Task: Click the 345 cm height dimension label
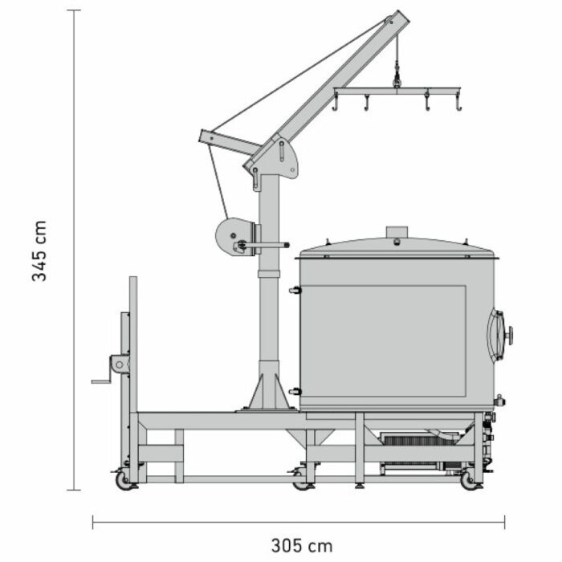(39, 250)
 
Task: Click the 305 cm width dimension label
(302, 546)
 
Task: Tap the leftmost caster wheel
(124, 480)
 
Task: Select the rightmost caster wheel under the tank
(469, 481)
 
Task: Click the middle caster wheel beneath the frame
(301, 481)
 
